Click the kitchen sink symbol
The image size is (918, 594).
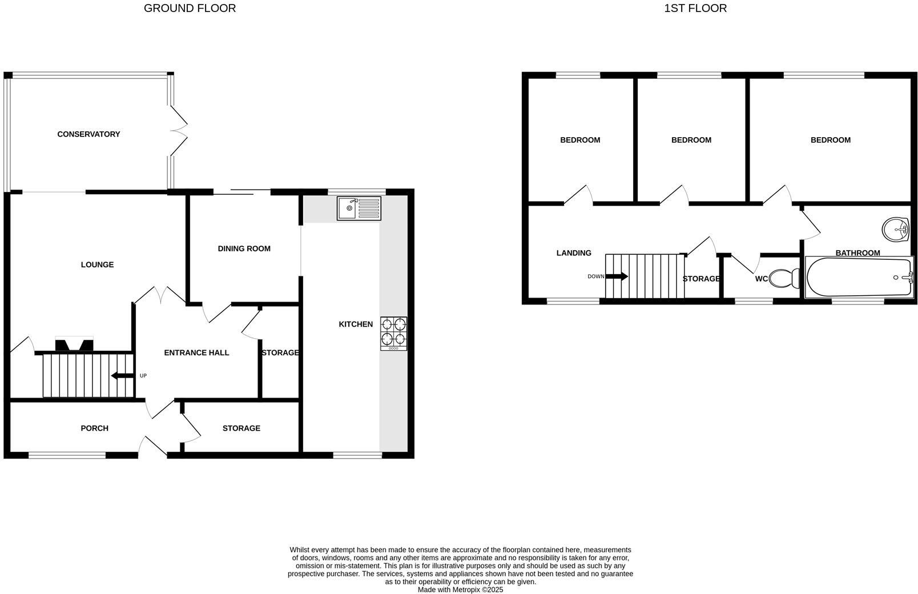pos(359,208)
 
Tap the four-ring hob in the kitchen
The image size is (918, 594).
pos(394,333)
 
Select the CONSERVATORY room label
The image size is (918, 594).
pos(88,134)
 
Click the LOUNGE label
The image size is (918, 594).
pos(97,264)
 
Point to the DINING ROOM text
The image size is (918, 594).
pos(244,248)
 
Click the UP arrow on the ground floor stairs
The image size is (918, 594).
pos(122,375)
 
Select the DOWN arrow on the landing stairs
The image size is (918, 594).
pos(616,276)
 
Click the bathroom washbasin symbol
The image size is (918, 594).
pos(896,230)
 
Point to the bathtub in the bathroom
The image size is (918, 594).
pos(859,278)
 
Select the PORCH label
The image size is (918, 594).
pos(94,428)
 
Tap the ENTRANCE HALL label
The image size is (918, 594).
pos(196,352)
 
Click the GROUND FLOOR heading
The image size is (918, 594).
pos(190,8)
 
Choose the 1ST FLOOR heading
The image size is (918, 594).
pos(695,8)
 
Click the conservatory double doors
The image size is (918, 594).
pos(179,131)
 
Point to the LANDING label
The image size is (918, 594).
pos(574,253)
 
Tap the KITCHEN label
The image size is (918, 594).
pos(356,324)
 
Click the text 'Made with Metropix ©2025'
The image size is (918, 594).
pos(460,589)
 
